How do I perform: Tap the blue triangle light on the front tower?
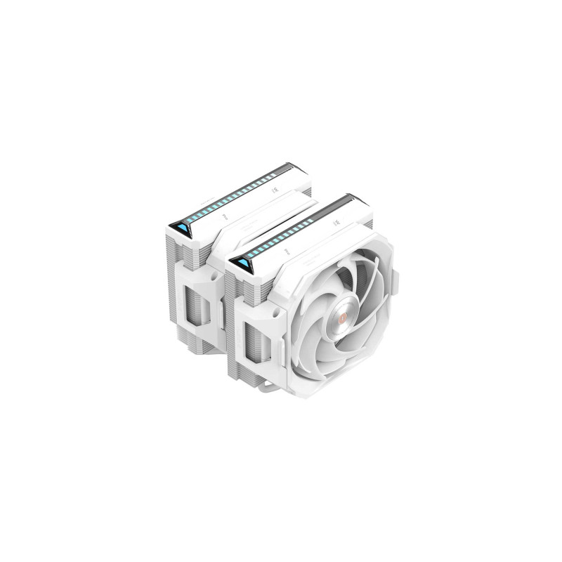(x=246, y=263)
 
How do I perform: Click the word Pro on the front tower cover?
(x=287, y=249)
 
